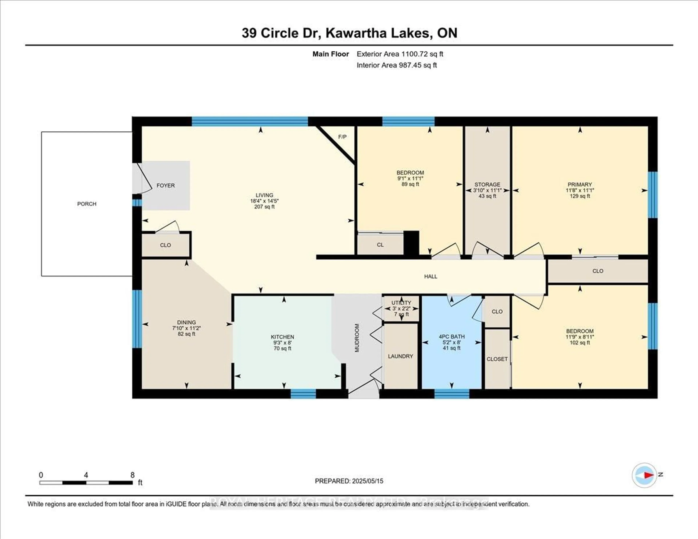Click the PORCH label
[87, 204]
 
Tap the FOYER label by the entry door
[166, 185]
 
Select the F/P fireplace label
[342, 137]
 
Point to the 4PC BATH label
[452, 336]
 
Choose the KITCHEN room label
[282, 337]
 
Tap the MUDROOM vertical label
[357, 338]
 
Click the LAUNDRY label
[400, 356]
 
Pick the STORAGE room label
[487, 184]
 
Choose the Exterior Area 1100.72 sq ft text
[400, 54]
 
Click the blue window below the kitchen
[303, 394]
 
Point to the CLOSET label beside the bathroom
[497, 359]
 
